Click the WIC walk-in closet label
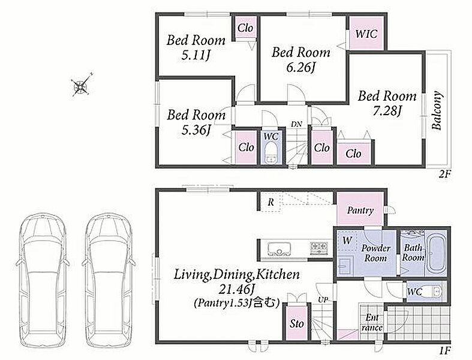click(366, 34)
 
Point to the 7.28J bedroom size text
click(387, 111)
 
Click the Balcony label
click(437, 110)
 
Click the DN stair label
click(296, 124)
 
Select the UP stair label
click(323, 300)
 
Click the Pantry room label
click(360, 210)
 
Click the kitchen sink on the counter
click(279, 249)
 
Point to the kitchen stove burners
click(319, 248)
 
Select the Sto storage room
click(297, 323)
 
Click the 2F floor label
click(444, 174)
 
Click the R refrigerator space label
click(271, 202)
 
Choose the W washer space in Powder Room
click(347, 241)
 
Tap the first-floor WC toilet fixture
click(435, 292)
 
